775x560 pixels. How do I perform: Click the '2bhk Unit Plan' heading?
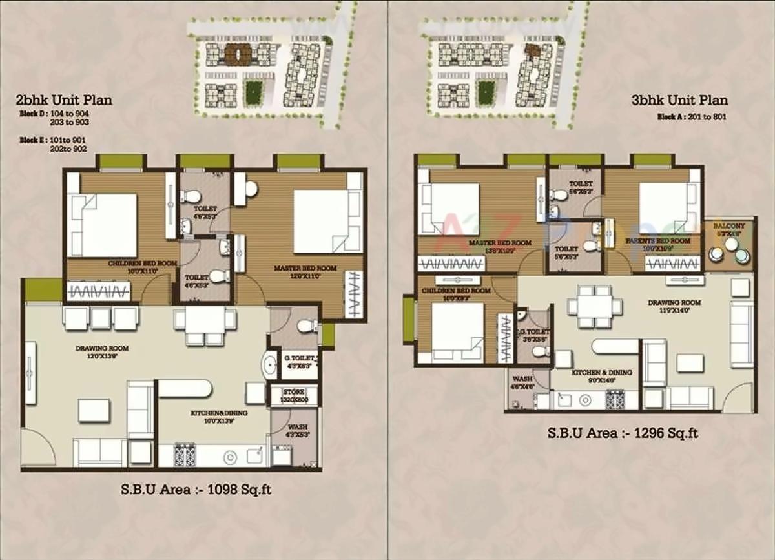tap(65, 100)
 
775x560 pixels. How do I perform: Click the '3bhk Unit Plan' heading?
tap(680, 100)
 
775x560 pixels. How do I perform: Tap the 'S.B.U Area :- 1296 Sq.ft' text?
tap(623, 433)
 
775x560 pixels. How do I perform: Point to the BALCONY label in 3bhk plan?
tap(729, 227)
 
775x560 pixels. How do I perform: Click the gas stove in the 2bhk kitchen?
tap(185, 455)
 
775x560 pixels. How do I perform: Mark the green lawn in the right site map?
tap(485, 92)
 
